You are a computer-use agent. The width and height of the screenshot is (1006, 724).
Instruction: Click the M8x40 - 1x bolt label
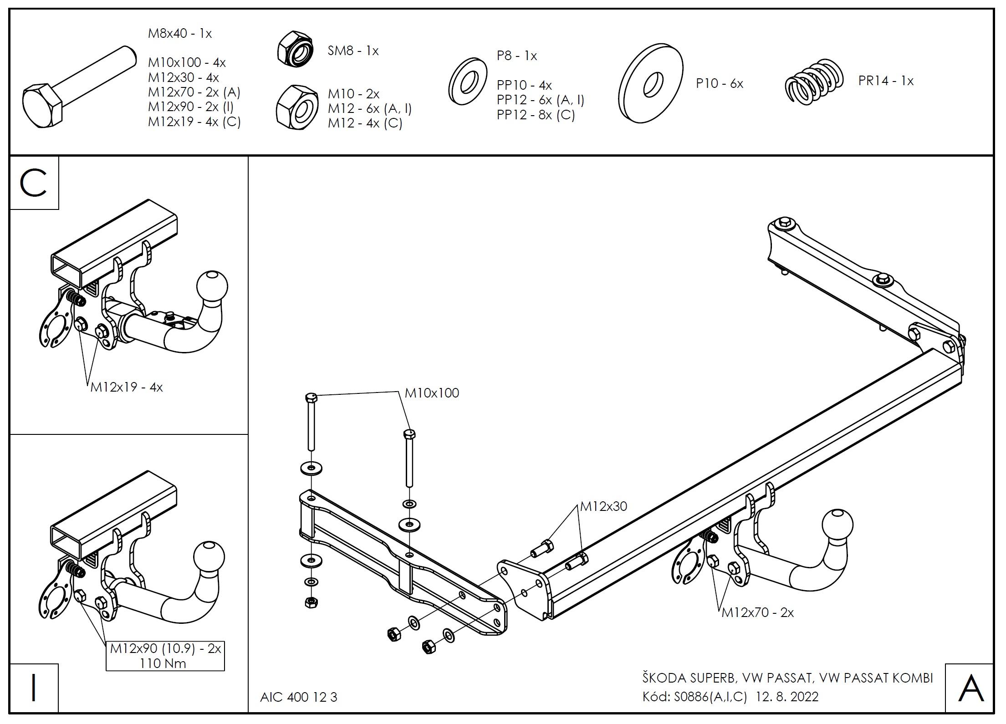click(180, 34)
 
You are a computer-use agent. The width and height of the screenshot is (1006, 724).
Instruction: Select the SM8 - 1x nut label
click(353, 51)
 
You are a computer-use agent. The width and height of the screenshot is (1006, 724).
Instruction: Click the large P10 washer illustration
click(650, 83)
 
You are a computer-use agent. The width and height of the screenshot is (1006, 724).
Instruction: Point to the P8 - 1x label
click(517, 56)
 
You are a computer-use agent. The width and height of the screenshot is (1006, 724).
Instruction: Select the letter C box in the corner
click(34, 184)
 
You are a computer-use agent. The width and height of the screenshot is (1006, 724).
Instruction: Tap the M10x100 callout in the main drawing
click(432, 393)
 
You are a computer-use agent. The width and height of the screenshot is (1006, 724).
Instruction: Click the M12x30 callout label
click(603, 506)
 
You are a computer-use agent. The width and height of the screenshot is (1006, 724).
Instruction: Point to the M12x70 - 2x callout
click(757, 613)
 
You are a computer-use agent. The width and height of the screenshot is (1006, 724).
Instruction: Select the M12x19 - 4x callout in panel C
click(126, 387)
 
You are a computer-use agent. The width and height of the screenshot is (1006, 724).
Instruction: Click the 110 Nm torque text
click(163, 663)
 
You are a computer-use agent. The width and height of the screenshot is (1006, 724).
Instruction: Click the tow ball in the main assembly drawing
click(837, 525)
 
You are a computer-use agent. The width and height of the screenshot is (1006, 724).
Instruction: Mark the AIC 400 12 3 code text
click(299, 697)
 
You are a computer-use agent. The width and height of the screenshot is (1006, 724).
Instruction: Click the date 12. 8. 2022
click(787, 697)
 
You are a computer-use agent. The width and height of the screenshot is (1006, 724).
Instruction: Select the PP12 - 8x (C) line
click(536, 115)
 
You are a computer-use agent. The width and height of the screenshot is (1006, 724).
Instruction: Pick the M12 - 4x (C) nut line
click(365, 123)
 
